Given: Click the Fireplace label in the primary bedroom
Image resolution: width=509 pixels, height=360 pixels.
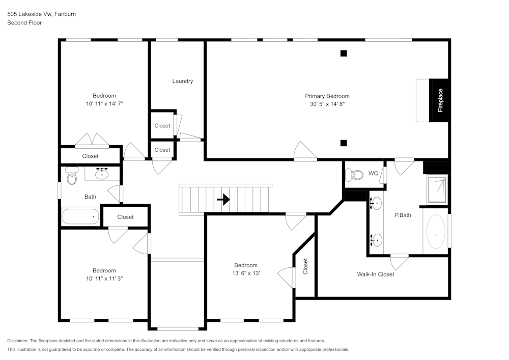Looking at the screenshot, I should click(440, 100).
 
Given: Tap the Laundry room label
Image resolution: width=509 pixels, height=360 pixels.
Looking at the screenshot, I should click(182, 81).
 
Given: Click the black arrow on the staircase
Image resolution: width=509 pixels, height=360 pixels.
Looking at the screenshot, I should click(223, 200).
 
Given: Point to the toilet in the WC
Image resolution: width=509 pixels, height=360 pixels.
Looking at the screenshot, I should click(354, 175).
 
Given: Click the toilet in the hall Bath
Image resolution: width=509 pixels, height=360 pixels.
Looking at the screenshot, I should click(71, 177).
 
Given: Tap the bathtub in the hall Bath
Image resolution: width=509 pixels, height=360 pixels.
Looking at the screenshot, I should click(80, 216).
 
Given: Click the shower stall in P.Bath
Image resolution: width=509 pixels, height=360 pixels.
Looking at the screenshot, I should click(437, 189).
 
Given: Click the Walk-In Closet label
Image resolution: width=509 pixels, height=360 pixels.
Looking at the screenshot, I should click(375, 274).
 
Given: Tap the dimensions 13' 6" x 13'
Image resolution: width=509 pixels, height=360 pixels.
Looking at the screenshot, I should click(246, 273).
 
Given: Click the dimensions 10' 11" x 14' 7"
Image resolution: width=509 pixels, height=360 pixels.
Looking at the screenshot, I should click(104, 103).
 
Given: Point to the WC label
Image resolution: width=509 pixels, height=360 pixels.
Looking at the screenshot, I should click(373, 174).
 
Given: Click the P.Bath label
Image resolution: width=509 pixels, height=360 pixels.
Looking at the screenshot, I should click(403, 215).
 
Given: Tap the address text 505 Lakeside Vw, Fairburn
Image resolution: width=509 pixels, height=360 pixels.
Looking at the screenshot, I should click(41, 14).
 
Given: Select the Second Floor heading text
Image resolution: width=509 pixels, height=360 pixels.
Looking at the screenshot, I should click(24, 23).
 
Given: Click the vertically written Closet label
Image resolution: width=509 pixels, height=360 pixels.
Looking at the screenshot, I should click(305, 266).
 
